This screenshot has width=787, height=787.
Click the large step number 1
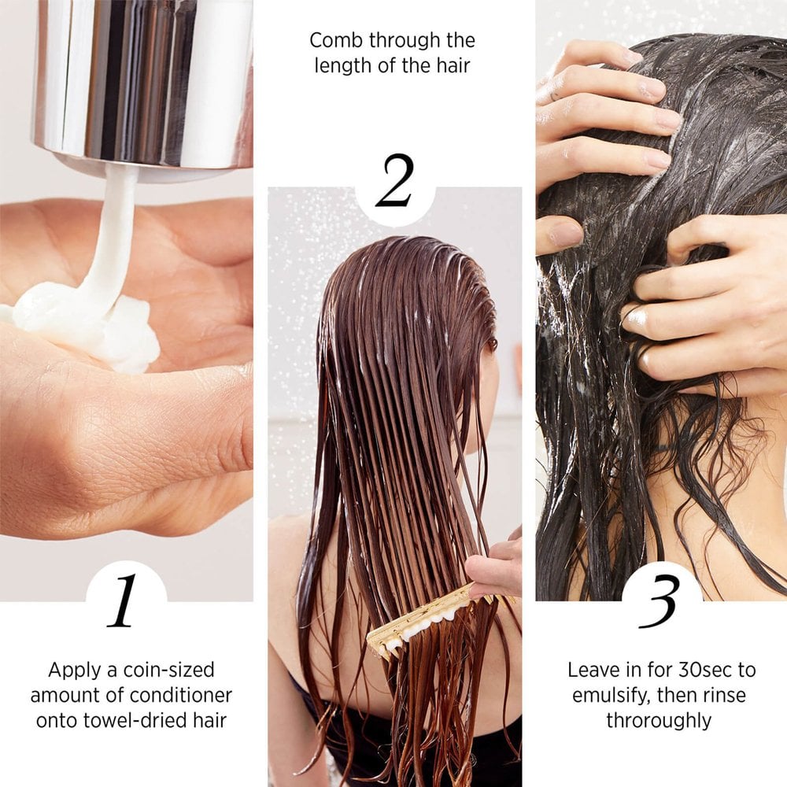124,602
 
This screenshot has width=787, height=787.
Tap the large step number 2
394,181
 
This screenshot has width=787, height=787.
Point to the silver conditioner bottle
142,79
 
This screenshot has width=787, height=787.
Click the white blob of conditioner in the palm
87,323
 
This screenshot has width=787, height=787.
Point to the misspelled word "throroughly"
659,720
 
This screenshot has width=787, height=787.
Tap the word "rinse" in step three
724,696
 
